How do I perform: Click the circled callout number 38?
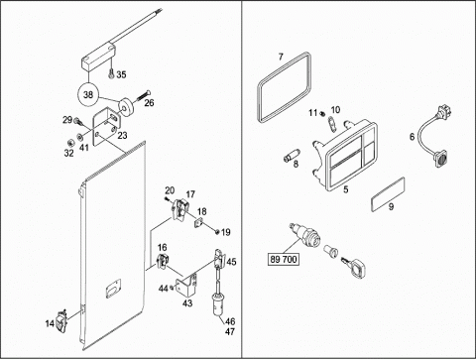(x=88, y=95)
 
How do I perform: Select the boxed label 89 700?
(x=284, y=259)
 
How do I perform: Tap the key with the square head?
(x=354, y=266)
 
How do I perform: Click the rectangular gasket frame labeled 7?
(x=284, y=87)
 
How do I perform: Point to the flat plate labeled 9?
(x=388, y=194)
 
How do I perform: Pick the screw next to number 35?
(x=111, y=74)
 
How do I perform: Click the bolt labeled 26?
(x=143, y=95)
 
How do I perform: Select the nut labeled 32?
(x=70, y=143)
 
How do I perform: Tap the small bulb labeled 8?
(x=292, y=156)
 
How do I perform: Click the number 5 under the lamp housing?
(x=346, y=189)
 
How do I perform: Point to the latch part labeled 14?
(x=61, y=320)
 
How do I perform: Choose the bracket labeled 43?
(x=185, y=285)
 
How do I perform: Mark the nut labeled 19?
(x=217, y=232)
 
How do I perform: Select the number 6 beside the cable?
(x=412, y=137)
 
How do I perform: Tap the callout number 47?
(x=230, y=331)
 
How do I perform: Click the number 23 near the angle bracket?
(x=122, y=135)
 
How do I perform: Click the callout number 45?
(x=231, y=262)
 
